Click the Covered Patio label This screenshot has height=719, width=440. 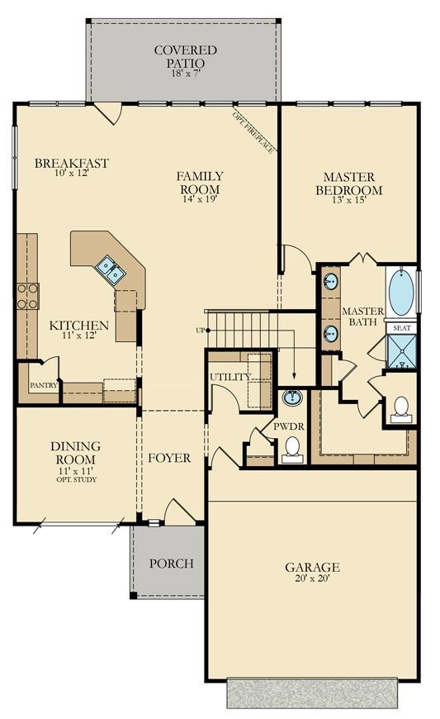(185, 56)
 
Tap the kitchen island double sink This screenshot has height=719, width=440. (110, 269)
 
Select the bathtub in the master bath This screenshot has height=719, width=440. (400, 294)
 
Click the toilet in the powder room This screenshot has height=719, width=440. (291, 449)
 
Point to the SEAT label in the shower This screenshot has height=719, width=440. (401, 328)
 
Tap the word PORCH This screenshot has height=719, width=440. (171, 564)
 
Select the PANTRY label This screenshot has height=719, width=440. (42, 386)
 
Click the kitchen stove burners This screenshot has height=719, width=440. (27, 296)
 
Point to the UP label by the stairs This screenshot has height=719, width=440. (199, 331)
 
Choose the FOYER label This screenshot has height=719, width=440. (169, 457)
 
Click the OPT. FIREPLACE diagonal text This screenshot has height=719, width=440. (253, 132)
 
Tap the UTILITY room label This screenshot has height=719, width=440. (229, 377)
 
